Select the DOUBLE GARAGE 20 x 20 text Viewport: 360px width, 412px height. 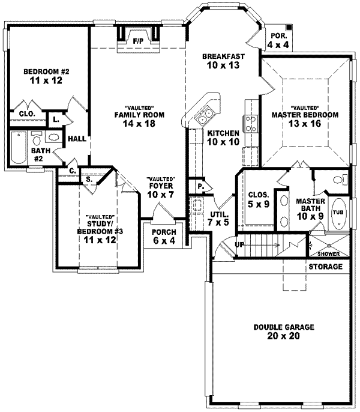click(275, 332)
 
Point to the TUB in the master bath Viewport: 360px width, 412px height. click(338, 212)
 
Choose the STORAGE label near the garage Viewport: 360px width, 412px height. click(326, 266)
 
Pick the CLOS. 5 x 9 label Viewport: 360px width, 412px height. click(259, 199)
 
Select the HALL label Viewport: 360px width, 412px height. click(76, 138)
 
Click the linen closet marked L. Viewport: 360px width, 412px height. click(55, 119)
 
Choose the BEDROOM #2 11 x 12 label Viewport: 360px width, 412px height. click(46, 77)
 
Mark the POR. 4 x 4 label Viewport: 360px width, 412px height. click(278, 40)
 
